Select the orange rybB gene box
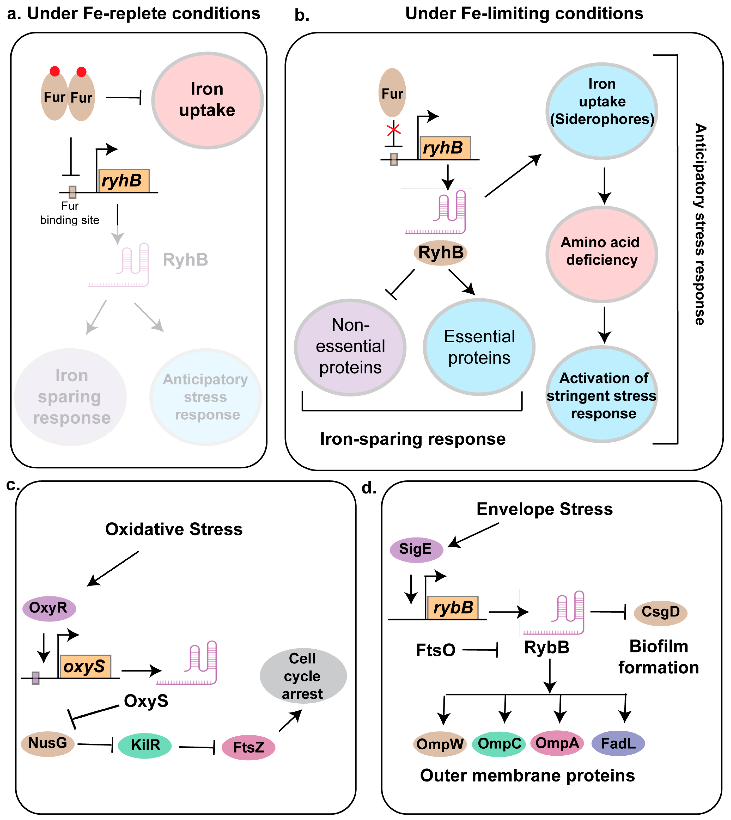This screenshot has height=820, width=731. (453, 608)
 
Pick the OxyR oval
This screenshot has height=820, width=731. (49, 608)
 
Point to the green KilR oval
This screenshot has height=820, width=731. (145, 745)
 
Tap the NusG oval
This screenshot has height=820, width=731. (48, 744)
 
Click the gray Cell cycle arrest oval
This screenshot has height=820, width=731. (303, 676)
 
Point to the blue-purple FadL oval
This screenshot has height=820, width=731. (618, 743)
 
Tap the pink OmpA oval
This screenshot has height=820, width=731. (558, 743)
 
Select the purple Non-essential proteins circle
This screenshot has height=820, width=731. (350, 347)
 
